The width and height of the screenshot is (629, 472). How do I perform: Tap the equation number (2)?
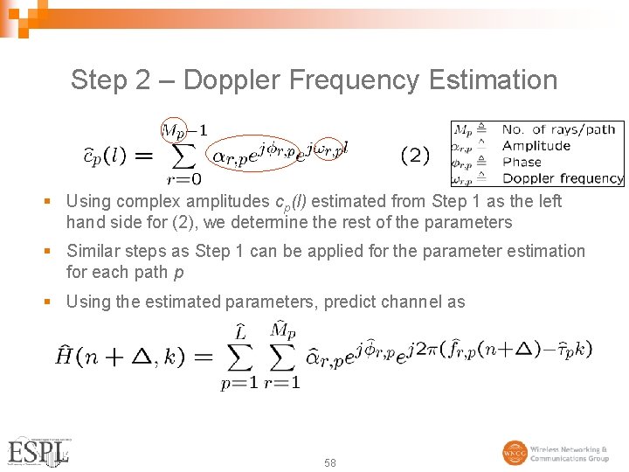click(415, 156)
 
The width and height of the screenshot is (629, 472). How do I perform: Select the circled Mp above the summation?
click(174, 131)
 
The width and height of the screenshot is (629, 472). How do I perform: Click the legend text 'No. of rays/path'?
click(558, 129)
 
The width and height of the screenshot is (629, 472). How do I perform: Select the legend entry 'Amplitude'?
click(536, 146)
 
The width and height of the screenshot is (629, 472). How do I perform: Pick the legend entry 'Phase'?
click(522, 162)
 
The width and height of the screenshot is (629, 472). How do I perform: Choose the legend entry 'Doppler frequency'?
click(563, 178)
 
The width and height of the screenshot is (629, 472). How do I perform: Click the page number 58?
click(329, 462)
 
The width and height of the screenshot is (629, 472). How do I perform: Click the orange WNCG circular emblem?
click(515, 453)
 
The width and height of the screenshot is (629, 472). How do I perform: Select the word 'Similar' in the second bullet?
click(92, 252)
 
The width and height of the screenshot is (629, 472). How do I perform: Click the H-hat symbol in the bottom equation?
click(66, 354)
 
